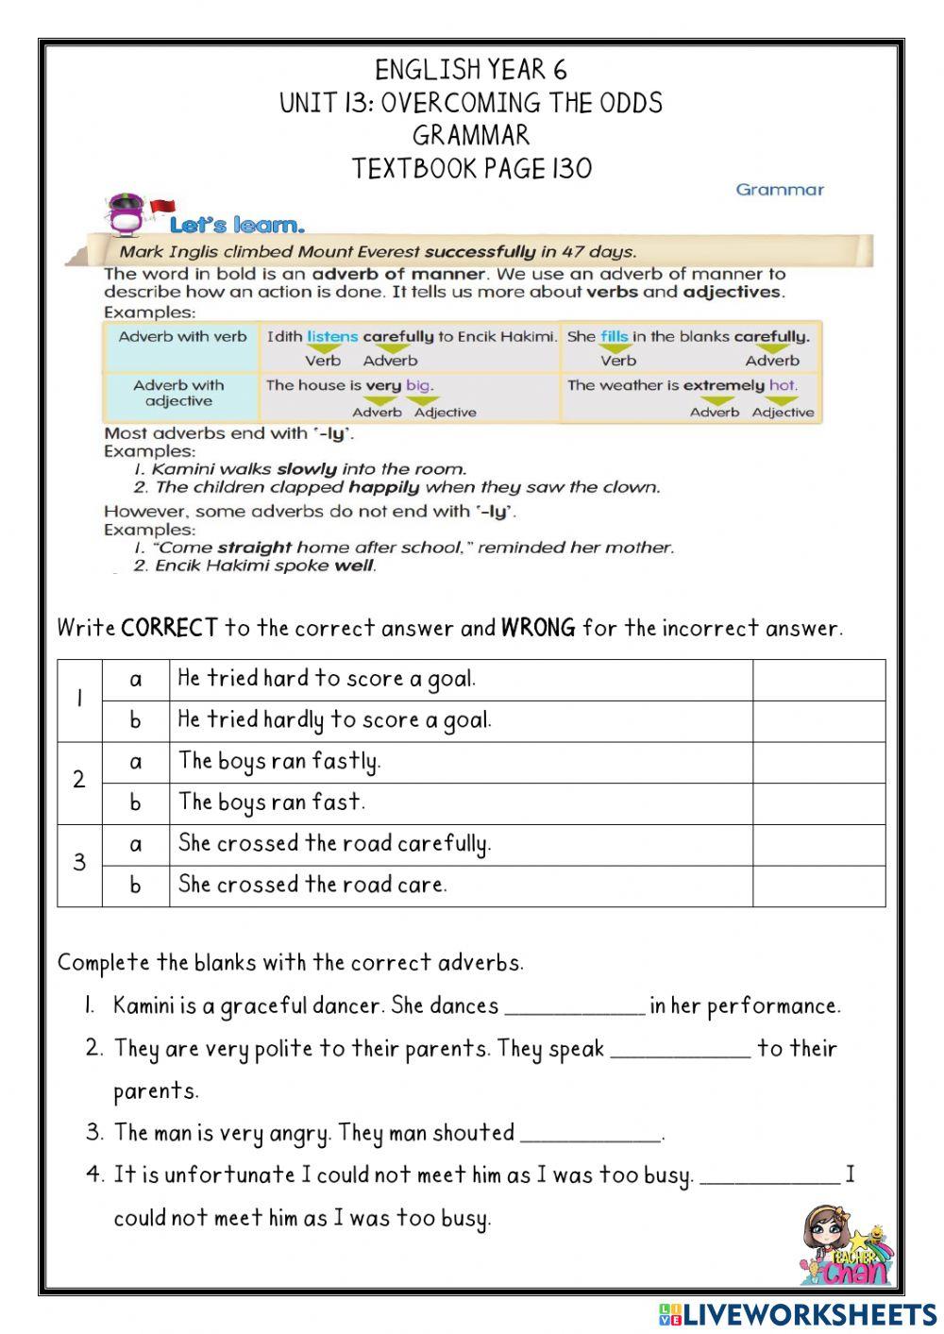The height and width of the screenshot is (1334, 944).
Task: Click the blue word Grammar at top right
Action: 780,190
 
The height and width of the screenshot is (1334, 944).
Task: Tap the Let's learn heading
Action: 237,225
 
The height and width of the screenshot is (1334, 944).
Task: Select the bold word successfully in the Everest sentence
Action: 480,251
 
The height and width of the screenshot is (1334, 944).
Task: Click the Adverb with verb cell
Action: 182,337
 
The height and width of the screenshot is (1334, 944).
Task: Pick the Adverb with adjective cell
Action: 178,393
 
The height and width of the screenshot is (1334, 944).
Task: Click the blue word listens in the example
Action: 332,336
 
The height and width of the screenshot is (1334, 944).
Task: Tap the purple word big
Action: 418,385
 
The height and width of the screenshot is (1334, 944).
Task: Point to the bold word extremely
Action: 723,385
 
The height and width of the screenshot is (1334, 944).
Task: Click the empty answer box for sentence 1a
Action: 818,680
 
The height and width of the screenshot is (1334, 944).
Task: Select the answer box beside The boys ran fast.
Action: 818,803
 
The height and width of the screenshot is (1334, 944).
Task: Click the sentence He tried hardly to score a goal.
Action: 335,720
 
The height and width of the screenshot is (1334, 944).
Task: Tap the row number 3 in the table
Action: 79,864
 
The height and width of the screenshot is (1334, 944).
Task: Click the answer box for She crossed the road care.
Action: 818,886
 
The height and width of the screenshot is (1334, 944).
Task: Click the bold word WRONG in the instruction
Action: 537,628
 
